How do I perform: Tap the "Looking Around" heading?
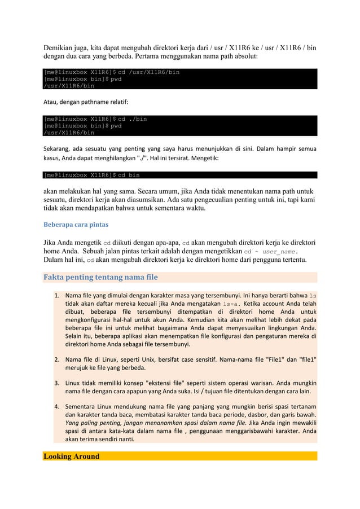[72, 456]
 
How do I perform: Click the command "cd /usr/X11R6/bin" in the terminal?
[148, 72]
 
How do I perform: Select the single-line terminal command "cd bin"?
[128, 175]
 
